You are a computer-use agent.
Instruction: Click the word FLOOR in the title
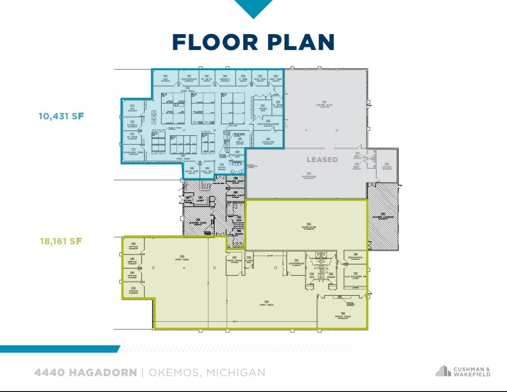click(x=212, y=42)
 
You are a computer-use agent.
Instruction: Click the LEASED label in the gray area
click(x=322, y=159)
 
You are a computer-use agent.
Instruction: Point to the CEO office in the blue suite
click(x=165, y=79)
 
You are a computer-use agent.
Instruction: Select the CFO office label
click(x=132, y=109)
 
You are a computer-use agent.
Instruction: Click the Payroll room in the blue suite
click(x=132, y=125)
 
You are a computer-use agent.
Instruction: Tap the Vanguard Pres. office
click(x=134, y=152)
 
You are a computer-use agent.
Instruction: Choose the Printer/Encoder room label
click(x=268, y=124)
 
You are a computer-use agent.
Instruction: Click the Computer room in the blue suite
click(x=268, y=142)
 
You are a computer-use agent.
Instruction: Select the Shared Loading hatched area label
click(x=383, y=217)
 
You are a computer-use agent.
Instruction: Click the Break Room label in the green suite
click(x=343, y=316)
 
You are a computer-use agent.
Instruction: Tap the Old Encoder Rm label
click(x=355, y=277)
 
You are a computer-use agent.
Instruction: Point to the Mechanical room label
click(x=355, y=257)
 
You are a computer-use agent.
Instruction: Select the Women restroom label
click(x=331, y=277)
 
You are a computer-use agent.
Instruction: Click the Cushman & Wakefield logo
click(x=463, y=371)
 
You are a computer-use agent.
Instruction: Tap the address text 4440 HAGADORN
click(x=85, y=372)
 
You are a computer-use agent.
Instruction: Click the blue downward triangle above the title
click(x=253, y=8)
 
